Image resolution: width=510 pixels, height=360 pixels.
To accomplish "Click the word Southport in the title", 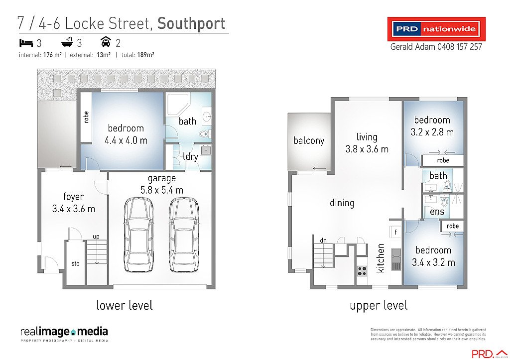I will tap(191, 23).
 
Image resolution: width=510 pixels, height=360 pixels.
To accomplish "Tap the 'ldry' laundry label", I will tap(191, 156).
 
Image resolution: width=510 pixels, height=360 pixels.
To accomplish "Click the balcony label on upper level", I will tap(309, 140).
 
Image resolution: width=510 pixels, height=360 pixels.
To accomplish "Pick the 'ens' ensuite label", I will tap(437, 212).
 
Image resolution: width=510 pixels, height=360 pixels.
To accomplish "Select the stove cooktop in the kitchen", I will tap(362, 271).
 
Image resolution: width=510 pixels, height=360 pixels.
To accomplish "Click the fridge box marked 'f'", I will tap(395, 232).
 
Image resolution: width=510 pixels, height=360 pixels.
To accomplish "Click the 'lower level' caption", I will tap(125, 305).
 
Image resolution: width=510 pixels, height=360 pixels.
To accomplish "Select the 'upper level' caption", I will tap(379, 305).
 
